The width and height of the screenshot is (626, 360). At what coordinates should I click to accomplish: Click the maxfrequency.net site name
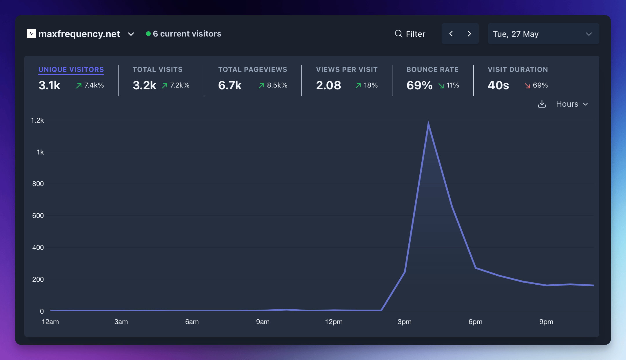[79, 34]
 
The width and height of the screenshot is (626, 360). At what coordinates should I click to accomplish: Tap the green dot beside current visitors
[148, 34]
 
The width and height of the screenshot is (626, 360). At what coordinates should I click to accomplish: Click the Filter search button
[410, 34]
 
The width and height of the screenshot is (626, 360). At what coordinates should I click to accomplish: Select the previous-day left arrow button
[451, 34]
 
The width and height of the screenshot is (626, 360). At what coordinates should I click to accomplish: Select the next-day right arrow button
[469, 34]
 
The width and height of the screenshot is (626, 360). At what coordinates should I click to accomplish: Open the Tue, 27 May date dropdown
[543, 34]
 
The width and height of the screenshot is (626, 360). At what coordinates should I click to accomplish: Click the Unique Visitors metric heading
[71, 70]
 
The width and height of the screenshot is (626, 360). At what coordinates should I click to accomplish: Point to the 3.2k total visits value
[144, 85]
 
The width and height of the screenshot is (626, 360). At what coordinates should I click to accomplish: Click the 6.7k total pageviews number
[230, 85]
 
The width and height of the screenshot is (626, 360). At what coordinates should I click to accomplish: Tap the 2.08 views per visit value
[328, 85]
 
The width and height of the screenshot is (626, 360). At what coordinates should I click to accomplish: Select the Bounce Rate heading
[432, 70]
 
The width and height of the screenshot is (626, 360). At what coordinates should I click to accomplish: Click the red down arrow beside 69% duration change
[527, 86]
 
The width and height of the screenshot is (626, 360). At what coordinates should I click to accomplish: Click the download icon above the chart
[542, 104]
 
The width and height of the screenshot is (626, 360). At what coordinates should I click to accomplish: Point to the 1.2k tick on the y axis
[37, 120]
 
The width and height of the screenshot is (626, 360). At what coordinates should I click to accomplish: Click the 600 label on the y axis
[38, 216]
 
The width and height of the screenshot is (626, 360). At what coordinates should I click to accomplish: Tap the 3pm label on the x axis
[404, 322]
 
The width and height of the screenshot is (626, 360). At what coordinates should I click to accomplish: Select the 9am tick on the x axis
[263, 322]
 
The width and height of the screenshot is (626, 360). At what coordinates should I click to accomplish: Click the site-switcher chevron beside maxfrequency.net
[131, 34]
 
